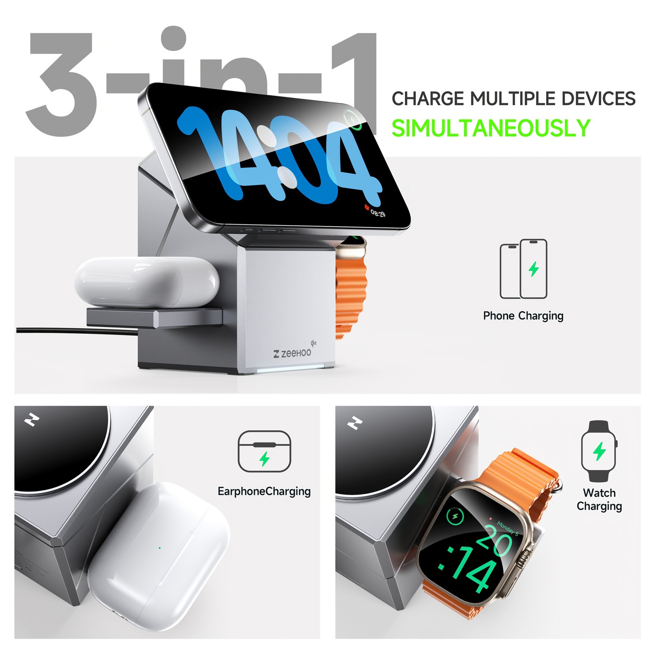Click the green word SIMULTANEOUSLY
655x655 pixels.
[x=491, y=128]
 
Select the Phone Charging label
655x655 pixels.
[x=523, y=316]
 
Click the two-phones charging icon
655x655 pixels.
[x=523, y=269]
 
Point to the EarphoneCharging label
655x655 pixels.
[x=264, y=491]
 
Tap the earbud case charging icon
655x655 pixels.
[x=264, y=452]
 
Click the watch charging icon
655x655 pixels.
[x=599, y=451]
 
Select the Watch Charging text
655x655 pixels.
[x=599, y=499]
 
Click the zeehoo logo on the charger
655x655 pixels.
[x=293, y=353]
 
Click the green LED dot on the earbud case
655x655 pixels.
[x=160, y=548]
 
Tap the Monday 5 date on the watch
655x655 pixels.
[x=508, y=528]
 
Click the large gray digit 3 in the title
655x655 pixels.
[x=61, y=84]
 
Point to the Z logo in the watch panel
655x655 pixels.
[x=355, y=423]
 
